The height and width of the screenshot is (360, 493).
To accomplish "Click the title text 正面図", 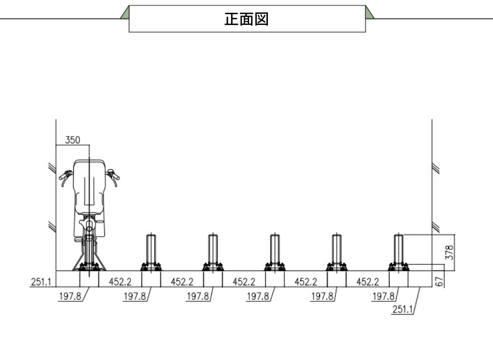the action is pos(246,19).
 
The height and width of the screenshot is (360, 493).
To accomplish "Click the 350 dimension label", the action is pos(72,140).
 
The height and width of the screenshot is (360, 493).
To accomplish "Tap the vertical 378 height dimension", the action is pos(449,252).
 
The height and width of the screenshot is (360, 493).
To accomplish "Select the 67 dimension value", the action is pos(440,282).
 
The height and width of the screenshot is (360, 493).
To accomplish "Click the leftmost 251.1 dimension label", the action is pos(41,282).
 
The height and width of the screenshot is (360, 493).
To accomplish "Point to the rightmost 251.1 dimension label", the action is pos(402,309).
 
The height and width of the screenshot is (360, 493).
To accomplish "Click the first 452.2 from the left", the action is pos(120,282).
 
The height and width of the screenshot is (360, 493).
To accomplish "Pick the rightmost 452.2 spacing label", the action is pos(368,282).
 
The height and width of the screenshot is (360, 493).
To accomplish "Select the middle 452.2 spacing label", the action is pos(244,282).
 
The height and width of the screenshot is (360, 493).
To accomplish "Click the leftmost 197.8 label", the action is pos(70,296).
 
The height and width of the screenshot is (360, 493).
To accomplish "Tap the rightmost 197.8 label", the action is pos(383,296).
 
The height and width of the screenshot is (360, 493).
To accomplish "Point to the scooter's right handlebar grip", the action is pos(114,175).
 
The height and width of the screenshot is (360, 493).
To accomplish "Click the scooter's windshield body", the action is pos(89,186).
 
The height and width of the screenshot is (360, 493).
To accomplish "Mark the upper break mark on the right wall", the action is pos(435,168).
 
